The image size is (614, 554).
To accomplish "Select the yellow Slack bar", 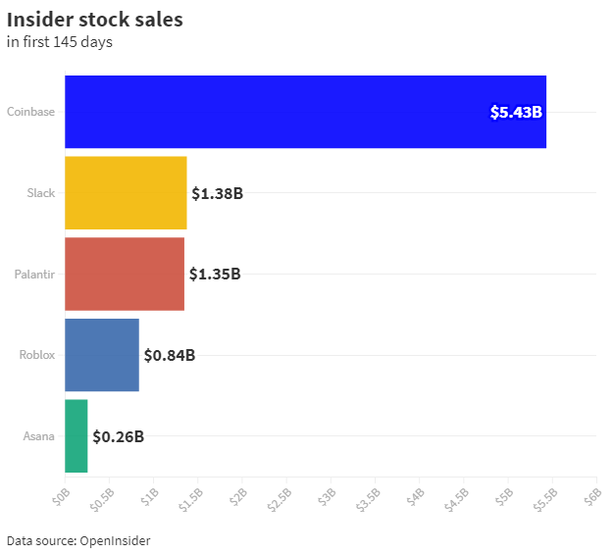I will point(126,192).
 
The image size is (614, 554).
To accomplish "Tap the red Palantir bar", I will point(125,274).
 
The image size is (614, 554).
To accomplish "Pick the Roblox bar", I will point(102,355).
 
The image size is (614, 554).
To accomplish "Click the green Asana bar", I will point(77,435).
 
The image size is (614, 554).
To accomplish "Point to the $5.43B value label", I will point(516,112).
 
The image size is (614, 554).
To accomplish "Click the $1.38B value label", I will point(217,193).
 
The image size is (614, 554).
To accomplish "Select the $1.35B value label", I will point(215,274).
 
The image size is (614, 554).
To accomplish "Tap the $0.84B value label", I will point(170,355).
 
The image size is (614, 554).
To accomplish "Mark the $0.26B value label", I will point(118,436).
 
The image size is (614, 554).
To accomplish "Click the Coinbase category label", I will point(30,112).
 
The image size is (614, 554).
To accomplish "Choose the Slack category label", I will point(40,193).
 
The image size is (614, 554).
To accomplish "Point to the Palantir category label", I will point(34,274).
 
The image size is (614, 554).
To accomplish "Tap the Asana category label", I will point(38,436).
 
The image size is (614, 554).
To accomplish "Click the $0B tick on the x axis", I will point(61,497).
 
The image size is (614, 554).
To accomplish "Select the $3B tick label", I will point(326,497).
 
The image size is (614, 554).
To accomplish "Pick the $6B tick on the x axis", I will point(591,497).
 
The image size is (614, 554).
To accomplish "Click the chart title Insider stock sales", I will point(94,20).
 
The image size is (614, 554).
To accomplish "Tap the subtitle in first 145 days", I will point(59,41).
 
